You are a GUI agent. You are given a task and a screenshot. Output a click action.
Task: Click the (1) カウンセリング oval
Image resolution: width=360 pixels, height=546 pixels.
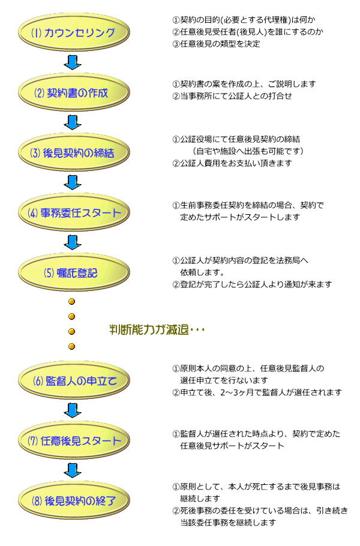pos(73,33)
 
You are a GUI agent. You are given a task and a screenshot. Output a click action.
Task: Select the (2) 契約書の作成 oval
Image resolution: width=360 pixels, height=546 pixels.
pos(73,92)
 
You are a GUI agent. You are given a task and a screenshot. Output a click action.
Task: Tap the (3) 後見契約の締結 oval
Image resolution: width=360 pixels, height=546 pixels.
pos(73,152)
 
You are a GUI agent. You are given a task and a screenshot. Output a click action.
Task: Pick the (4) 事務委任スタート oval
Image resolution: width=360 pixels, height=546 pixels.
pos(73,212)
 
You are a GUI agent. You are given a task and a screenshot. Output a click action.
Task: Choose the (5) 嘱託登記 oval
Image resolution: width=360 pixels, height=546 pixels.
pos(73,272)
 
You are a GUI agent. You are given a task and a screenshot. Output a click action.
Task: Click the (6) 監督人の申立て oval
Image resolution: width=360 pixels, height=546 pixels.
pos(73,380)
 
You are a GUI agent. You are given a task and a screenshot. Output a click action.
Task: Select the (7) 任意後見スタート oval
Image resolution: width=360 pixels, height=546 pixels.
pos(73,440)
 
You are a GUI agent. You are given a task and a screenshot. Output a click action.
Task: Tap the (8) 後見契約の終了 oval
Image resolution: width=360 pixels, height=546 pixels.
pos(73,500)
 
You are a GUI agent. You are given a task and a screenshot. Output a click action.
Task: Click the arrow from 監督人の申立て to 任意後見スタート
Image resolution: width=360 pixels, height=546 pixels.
pos(73,410)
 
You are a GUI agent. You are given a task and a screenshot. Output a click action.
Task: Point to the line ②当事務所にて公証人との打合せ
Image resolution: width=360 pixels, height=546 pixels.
pos(232,95)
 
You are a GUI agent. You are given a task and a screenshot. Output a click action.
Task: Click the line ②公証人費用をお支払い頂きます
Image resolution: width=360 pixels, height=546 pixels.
pos(233,163)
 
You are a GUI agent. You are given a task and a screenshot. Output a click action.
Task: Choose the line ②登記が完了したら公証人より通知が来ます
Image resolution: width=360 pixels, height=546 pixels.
pos(252,284)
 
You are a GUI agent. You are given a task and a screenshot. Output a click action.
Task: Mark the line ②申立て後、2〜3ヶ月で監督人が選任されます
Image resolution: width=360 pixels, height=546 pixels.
pos(257,392)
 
